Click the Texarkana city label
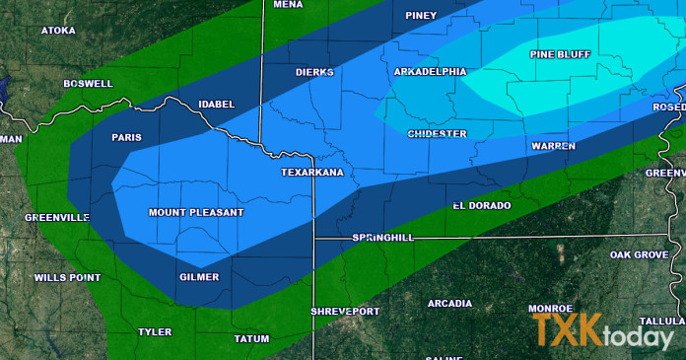[312, 173]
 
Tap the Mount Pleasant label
[195, 212]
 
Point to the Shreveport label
[345, 311]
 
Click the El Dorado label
[482, 205]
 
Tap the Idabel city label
[217, 104]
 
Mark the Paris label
[127, 137]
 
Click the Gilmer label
[199, 277]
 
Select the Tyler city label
[155, 331]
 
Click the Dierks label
[314, 72]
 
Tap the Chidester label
[438, 132]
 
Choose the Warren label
[553, 145]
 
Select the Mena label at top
[288, 5]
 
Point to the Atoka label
[58, 31]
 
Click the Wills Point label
[64, 277]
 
